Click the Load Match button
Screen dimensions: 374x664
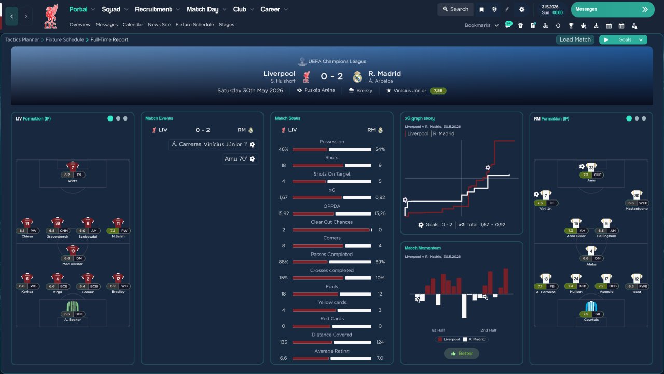point(575,39)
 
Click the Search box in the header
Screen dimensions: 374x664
point(455,9)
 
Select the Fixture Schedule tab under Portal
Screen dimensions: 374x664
point(195,25)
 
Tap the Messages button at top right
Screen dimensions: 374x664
point(612,9)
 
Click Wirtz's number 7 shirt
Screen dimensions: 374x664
point(73,166)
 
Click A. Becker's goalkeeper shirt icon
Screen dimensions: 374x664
point(73,306)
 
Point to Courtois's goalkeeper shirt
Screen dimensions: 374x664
point(591,306)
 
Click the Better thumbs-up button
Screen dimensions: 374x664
point(462,354)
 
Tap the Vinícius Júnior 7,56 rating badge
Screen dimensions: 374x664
point(438,91)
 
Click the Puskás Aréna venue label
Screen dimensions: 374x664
point(316,90)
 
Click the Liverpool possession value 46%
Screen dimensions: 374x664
point(283,150)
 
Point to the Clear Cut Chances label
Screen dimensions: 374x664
point(332,222)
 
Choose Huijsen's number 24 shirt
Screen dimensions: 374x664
point(576,278)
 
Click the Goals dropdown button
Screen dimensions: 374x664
point(624,39)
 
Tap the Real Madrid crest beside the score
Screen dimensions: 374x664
point(357,77)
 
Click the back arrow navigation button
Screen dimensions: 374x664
point(11,16)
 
